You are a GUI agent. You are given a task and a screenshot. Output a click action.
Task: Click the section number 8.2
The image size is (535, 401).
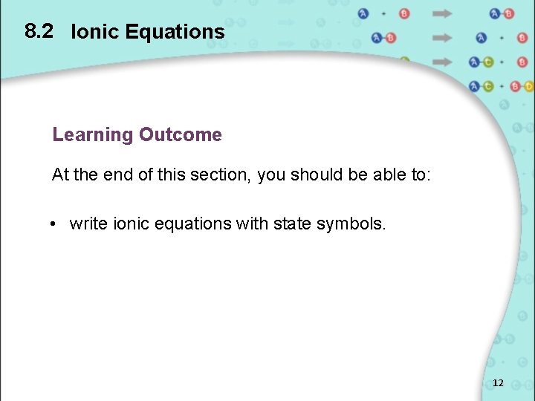pos(39,31)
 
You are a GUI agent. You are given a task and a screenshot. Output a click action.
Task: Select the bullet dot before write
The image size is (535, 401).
pos(56,224)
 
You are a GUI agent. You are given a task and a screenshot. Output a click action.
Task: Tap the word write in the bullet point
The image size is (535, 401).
pos(88,224)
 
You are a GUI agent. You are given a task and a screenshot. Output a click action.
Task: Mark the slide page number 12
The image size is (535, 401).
pos(498,383)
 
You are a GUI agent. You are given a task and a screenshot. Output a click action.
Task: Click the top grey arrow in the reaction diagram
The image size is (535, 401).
pos(443,13)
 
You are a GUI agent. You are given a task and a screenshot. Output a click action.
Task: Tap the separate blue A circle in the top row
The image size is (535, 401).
pos(363,13)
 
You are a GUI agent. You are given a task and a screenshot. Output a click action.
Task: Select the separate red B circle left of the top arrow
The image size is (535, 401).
pos(404,13)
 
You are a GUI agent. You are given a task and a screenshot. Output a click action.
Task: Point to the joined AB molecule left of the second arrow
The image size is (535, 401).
pos(384,38)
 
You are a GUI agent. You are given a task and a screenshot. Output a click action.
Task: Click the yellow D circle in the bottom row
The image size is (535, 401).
pos(528,87)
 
